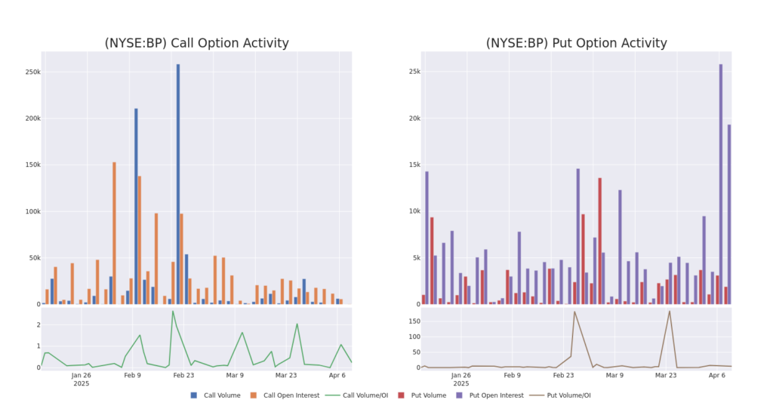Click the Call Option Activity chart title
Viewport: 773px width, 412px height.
point(196,43)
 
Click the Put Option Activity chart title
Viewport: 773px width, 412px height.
point(576,43)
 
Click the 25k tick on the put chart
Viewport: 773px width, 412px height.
point(410,72)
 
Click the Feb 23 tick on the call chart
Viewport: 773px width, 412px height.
point(183,375)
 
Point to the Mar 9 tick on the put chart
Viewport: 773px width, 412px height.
point(614,375)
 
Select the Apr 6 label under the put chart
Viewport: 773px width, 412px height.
point(716,375)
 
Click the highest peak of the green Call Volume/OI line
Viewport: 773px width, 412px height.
point(172,312)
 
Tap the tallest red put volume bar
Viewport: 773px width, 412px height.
point(599,241)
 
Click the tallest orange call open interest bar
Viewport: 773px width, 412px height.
point(114,233)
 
